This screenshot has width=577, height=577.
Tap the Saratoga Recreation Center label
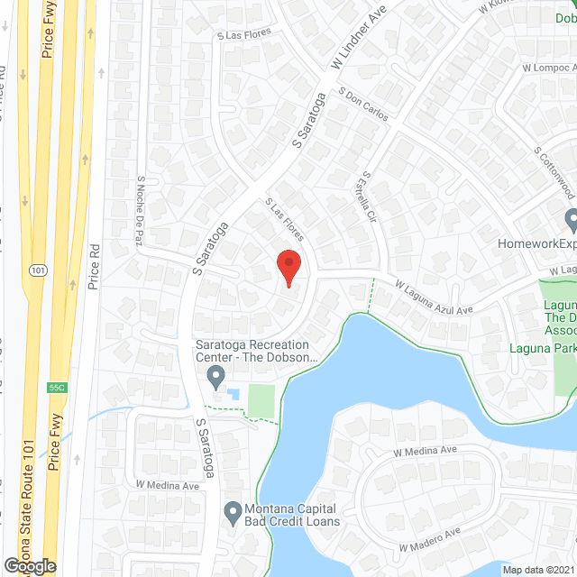(252, 351)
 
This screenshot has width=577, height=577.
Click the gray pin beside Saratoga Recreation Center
(215, 375)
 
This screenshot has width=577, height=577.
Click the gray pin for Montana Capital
(233, 511)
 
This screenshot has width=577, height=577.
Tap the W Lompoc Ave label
(546, 68)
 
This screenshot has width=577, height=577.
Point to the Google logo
(29, 566)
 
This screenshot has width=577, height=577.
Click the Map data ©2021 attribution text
(538, 570)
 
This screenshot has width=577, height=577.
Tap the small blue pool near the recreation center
(234, 394)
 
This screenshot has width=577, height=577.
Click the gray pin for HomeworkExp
(571, 219)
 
